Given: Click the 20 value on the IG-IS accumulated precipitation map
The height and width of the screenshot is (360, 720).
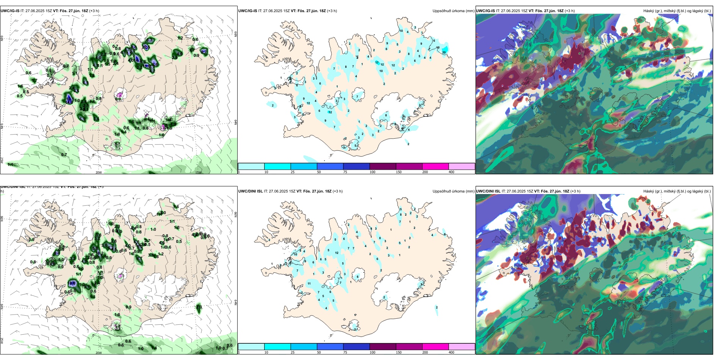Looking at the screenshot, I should [444, 52].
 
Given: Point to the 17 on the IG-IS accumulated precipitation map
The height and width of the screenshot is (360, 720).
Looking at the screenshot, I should [377, 63].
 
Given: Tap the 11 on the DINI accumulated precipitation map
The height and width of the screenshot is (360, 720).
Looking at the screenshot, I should [309, 283].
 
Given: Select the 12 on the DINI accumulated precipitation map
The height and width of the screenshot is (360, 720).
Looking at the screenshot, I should [337, 253].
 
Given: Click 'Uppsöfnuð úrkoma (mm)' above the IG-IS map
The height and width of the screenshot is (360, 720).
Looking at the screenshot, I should [453, 11].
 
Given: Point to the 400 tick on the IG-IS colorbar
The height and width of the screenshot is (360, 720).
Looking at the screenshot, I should [451, 172].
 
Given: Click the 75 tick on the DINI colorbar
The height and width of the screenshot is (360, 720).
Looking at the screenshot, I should [345, 352].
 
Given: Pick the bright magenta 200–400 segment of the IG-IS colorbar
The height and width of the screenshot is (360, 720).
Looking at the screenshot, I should [435, 166].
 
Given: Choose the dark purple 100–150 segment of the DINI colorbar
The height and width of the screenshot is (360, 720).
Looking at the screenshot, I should [383, 347].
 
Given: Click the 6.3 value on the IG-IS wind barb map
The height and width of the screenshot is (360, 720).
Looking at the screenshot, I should [149, 40].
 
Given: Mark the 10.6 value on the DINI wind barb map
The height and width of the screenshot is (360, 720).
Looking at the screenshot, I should [72, 283].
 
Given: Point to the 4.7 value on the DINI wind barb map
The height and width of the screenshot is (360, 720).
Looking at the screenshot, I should [139, 259].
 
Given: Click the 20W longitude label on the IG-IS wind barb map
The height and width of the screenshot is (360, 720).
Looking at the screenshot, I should [99, 172].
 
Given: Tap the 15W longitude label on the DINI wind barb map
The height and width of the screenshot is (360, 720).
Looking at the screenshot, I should [197, 353].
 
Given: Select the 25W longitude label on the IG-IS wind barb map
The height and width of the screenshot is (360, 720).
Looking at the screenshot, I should [2, 160].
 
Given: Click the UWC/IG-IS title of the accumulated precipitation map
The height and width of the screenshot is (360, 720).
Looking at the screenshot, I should [248, 11].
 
